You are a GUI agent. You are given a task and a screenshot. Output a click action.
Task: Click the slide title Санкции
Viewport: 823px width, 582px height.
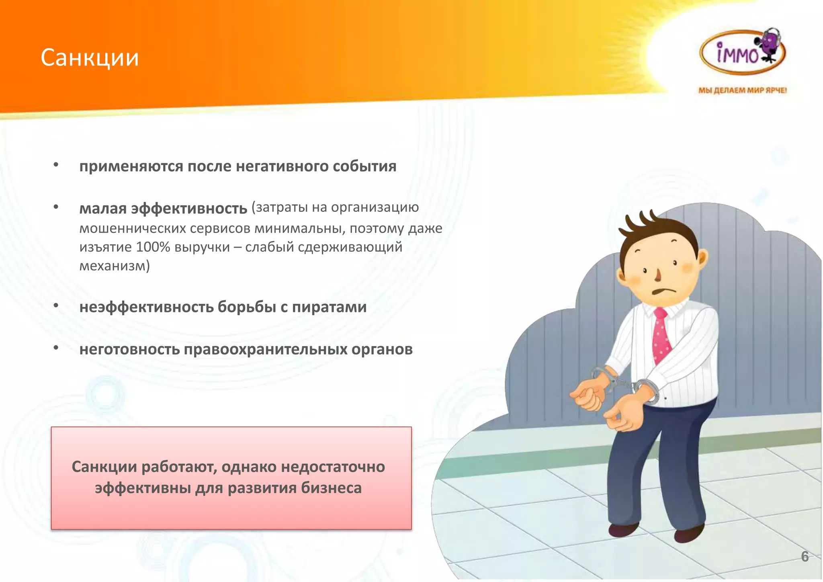(90, 57)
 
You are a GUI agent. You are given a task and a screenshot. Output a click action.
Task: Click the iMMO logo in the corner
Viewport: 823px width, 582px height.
(743, 53)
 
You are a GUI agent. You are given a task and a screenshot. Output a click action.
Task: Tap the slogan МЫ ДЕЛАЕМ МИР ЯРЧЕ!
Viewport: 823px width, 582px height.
(742, 90)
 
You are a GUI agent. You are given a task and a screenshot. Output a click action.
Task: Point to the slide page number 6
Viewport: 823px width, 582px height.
(805, 557)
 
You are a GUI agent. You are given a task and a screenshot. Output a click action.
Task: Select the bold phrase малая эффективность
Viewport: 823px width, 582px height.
(163, 209)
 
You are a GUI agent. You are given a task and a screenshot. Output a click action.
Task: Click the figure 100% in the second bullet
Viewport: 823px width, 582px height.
(153, 247)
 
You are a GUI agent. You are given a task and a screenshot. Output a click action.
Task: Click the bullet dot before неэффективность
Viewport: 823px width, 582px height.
(56, 306)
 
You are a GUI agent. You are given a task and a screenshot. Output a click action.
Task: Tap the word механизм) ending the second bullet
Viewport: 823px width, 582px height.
(115, 266)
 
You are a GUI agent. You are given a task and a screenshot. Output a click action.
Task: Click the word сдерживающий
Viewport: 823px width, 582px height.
(350, 247)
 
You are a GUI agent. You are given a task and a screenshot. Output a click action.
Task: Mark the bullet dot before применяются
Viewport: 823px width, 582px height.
(56, 165)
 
